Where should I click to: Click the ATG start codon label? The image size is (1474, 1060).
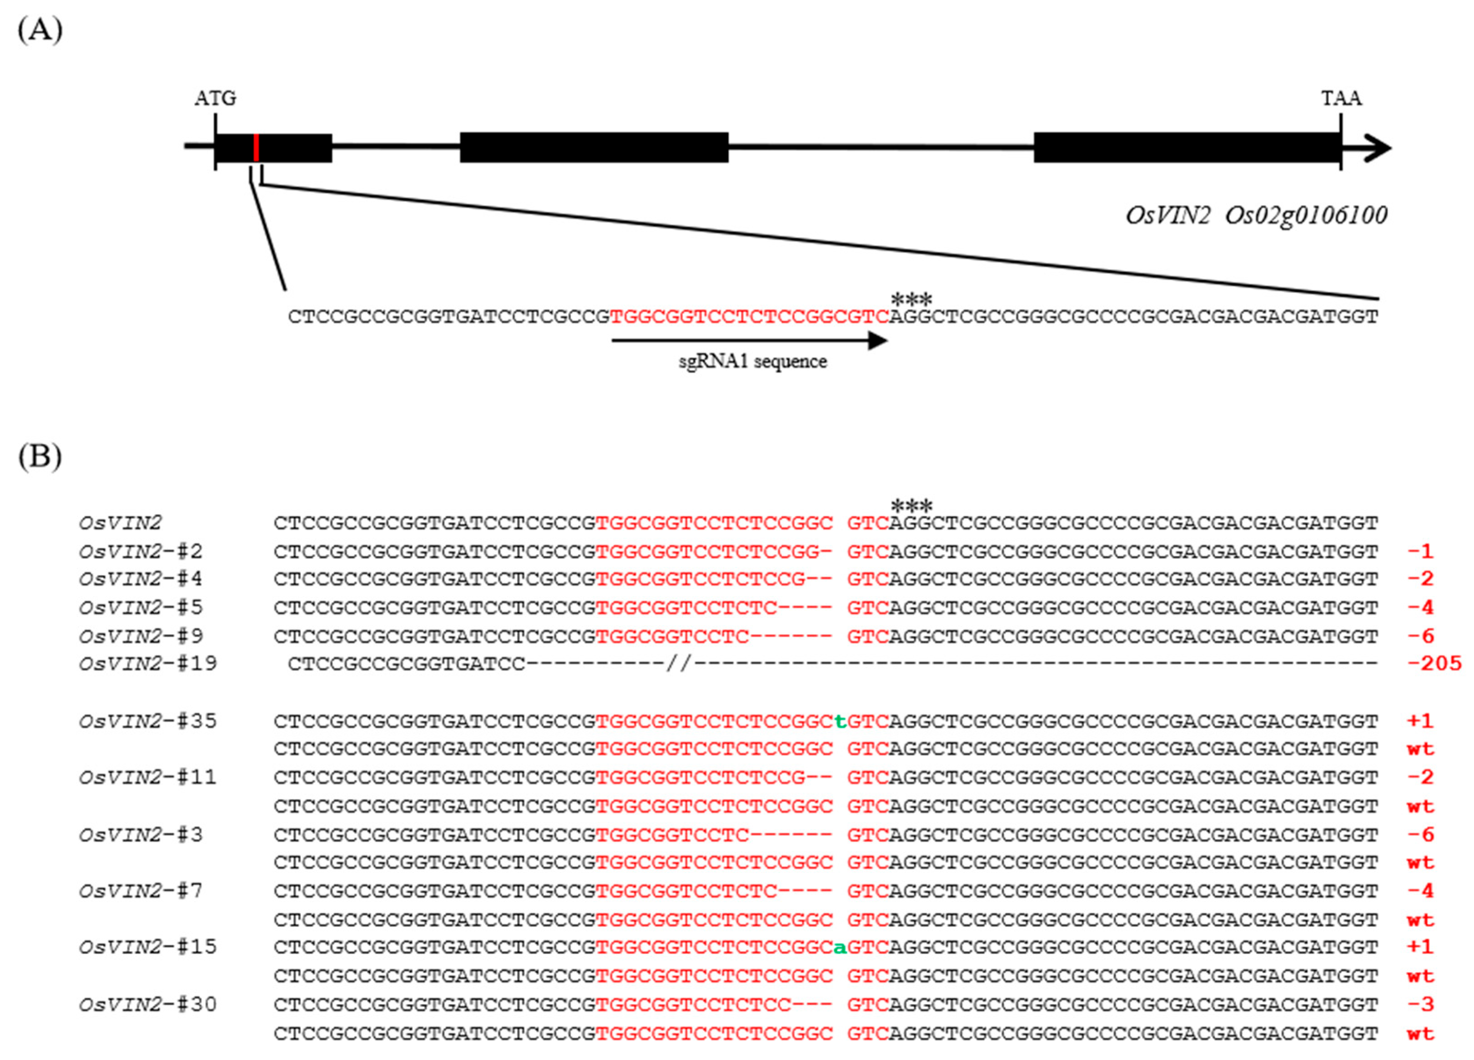215,99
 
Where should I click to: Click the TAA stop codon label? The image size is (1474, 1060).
1341,99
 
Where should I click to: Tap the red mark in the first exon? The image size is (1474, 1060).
257,147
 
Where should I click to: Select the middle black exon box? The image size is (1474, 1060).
594,147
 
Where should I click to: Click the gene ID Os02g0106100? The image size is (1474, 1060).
1306,215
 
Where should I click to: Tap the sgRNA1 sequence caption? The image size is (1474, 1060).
753,362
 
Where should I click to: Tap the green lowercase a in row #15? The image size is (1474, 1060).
840,948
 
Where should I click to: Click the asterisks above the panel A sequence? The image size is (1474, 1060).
911,300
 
